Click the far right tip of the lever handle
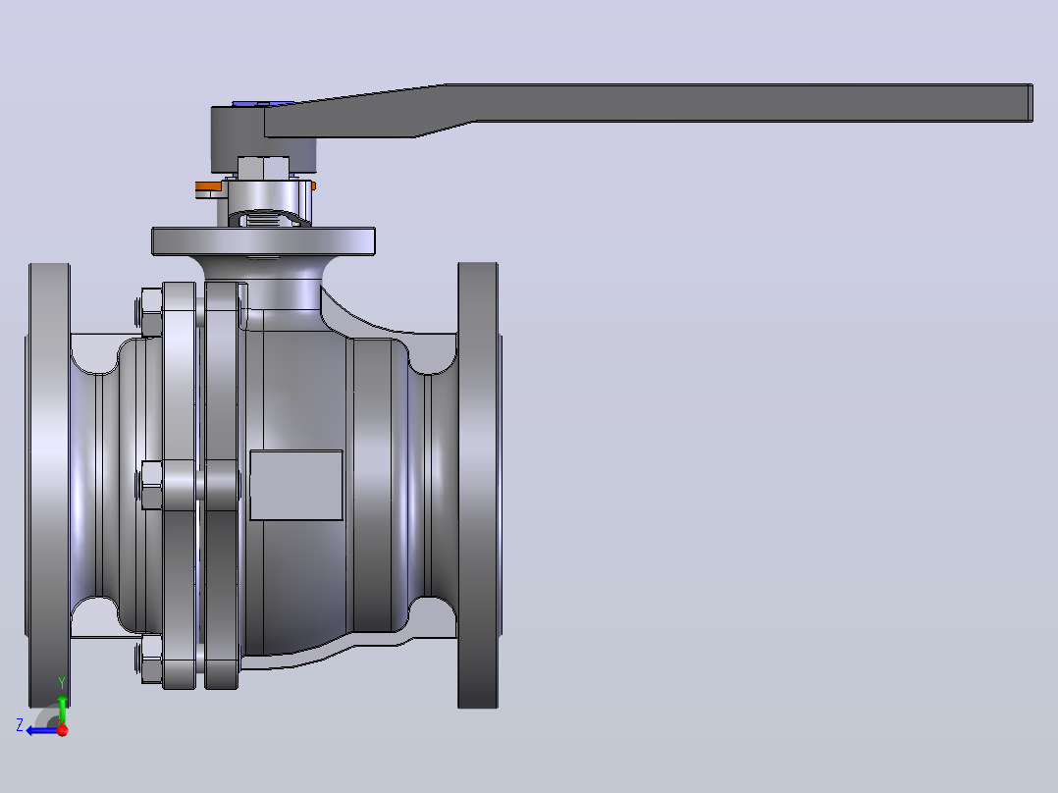pos(1032,103)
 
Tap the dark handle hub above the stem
pos(238,138)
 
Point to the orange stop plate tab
pos(209,185)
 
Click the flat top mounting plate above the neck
pos(263,241)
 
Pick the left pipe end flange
pos(49,485)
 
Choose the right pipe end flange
pos(479,485)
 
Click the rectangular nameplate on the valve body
pos(296,485)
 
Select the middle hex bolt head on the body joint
pos(150,485)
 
